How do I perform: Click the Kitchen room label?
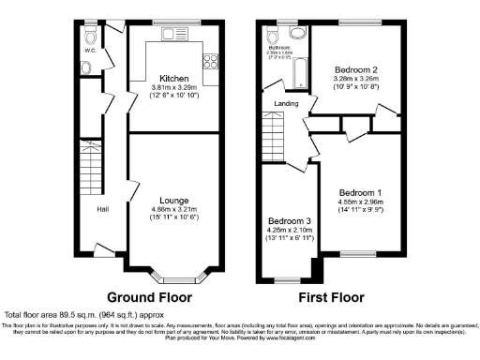click(173, 78)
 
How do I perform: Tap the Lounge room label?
click(173, 201)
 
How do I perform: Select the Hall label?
click(102, 209)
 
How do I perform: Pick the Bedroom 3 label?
click(287, 221)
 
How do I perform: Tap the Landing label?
click(285, 104)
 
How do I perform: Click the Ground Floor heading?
click(149, 296)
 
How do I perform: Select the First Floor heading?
click(331, 296)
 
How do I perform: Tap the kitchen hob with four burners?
click(209, 65)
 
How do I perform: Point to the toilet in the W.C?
click(90, 36)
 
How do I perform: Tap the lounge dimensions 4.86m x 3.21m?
click(173, 212)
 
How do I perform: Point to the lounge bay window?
click(173, 277)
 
